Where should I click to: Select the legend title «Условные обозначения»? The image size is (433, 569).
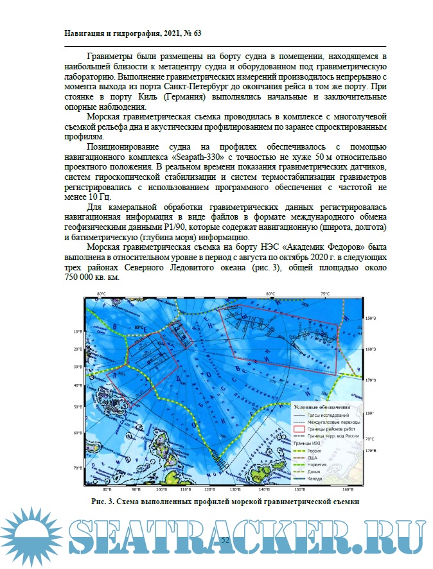click(x=321, y=407)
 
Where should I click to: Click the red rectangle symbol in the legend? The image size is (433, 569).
click(x=300, y=428)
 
